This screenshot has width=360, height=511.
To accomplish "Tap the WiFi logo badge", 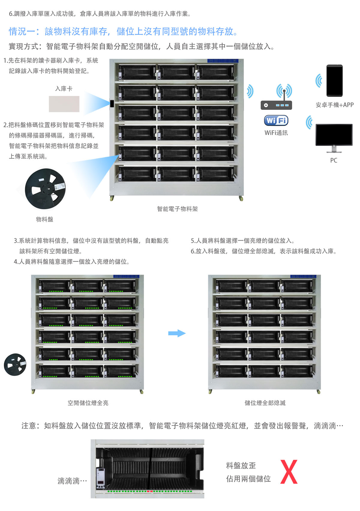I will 276,121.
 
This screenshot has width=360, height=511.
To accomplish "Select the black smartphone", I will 334,80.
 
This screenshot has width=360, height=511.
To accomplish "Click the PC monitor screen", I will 334,135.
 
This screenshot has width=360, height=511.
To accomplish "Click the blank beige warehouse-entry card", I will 64,104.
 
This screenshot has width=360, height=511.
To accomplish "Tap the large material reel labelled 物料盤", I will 45,189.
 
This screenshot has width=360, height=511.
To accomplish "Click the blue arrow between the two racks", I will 177,333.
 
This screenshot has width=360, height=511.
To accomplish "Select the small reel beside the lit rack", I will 15,364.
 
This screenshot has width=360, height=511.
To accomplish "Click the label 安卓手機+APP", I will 334,105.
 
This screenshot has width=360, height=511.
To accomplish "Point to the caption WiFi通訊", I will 276,133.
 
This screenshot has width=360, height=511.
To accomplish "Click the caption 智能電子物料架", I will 177,209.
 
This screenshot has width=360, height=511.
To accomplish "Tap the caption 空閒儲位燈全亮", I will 88,403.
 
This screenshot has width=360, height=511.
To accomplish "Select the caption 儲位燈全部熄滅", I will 265,403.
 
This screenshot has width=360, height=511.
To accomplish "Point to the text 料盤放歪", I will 241,465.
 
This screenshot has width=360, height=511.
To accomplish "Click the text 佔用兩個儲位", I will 248,479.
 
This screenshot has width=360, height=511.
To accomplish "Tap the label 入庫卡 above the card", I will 64,89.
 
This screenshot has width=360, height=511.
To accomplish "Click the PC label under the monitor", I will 334,160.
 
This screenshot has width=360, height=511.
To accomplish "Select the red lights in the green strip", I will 150,491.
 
